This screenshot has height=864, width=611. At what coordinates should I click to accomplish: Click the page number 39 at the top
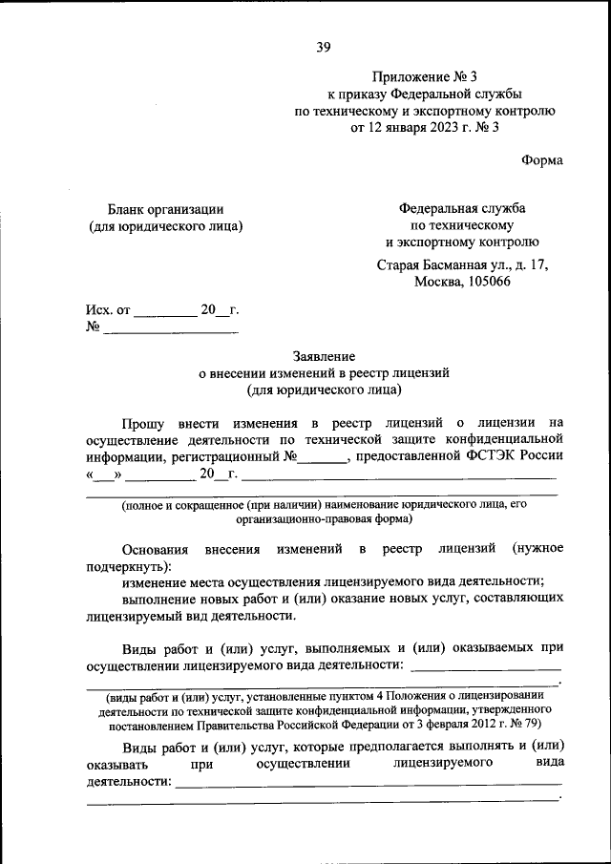[x=324, y=47]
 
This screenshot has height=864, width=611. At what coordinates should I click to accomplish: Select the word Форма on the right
[x=542, y=160]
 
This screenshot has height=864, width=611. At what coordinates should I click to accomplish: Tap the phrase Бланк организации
[x=166, y=209]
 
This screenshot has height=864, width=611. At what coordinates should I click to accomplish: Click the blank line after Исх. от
[x=164, y=313]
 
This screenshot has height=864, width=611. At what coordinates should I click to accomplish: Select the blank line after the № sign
[x=170, y=330]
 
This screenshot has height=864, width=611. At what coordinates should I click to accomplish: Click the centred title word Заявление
[x=324, y=355]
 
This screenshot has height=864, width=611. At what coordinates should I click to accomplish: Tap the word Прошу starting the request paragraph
[x=146, y=421]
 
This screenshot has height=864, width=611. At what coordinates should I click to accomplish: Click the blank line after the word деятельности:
[x=369, y=785]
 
